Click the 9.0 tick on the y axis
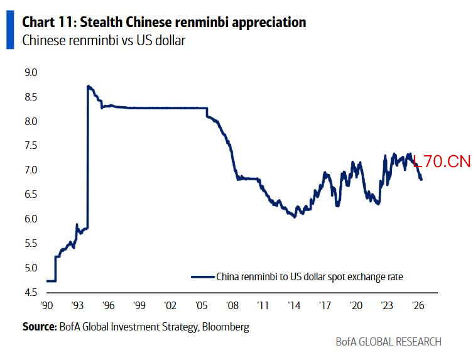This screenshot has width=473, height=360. click(31, 72)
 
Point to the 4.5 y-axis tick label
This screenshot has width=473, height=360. click(31, 292)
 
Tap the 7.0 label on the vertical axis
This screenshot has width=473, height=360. click(31, 170)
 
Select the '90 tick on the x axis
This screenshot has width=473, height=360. click(46, 305)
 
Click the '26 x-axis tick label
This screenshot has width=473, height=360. click(418, 305)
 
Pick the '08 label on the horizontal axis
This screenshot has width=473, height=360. click(232, 305)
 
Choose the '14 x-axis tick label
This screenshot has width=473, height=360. click(294, 305)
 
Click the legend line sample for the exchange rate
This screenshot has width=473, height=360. click(203, 276)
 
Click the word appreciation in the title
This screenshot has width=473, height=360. click(269, 23)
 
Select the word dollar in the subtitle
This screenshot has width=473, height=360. click(170, 40)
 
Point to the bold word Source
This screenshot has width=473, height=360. click(40, 327)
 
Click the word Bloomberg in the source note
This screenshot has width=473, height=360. click(226, 327)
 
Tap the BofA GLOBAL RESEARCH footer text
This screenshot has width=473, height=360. click(389, 342)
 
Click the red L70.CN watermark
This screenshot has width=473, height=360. click(442, 161)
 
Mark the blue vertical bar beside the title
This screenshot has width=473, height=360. click(10, 30)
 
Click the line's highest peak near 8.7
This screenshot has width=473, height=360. click(88, 86)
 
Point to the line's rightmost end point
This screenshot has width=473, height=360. click(421, 180)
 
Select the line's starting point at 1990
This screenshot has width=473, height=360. click(47, 281)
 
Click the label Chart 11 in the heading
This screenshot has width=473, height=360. click(49, 22)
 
